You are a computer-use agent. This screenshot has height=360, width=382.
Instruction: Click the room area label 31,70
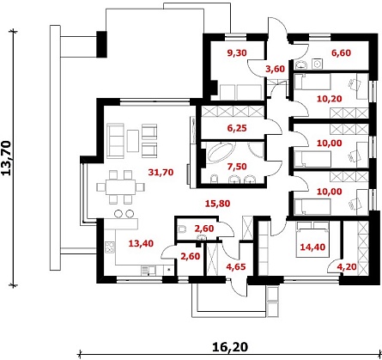(161, 173)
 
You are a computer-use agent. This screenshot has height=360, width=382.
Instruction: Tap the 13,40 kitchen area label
(141, 244)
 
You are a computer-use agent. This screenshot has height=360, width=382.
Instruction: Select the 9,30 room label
(237, 53)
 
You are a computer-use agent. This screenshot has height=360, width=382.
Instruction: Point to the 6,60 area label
(341, 53)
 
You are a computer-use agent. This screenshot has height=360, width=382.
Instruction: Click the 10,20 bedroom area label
(330, 99)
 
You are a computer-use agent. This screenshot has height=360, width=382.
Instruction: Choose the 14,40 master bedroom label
(312, 247)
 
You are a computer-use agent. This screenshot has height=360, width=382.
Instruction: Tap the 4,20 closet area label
(347, 267)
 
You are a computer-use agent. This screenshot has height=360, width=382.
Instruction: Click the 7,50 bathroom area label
(237, 167)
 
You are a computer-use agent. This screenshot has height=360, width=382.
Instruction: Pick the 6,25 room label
(237, 128)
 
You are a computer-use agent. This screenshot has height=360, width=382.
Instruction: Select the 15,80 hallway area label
(218, 204)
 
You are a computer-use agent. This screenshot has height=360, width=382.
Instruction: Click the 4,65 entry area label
(236, 267)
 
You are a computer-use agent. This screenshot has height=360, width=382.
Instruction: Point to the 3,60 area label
(276, 69)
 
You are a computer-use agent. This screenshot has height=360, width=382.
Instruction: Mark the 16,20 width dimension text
(230, 347)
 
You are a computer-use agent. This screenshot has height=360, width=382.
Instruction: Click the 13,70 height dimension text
(7, 158)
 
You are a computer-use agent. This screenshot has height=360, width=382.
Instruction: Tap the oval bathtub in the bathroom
(221, 153)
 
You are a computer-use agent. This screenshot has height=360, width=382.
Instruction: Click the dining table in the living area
(120, 187)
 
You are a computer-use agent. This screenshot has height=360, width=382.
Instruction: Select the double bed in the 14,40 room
(312, 240)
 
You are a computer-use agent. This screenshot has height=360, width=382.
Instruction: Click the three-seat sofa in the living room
(116, 141)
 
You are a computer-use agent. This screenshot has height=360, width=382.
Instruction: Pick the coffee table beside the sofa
(133, 141)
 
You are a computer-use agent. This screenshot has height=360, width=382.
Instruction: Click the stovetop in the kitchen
(110, 247)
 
